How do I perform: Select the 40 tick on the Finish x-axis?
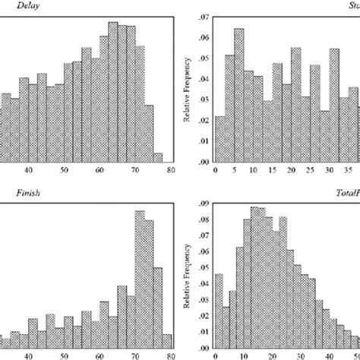pyautogui.click(x=30, y=354)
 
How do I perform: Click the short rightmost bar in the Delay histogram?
pyautogui.click(x=157, y=157)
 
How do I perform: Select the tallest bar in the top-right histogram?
pyautogui.click(x=239, y=95)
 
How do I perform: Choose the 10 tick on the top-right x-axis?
pyautogui.click(x=251, y=171)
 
